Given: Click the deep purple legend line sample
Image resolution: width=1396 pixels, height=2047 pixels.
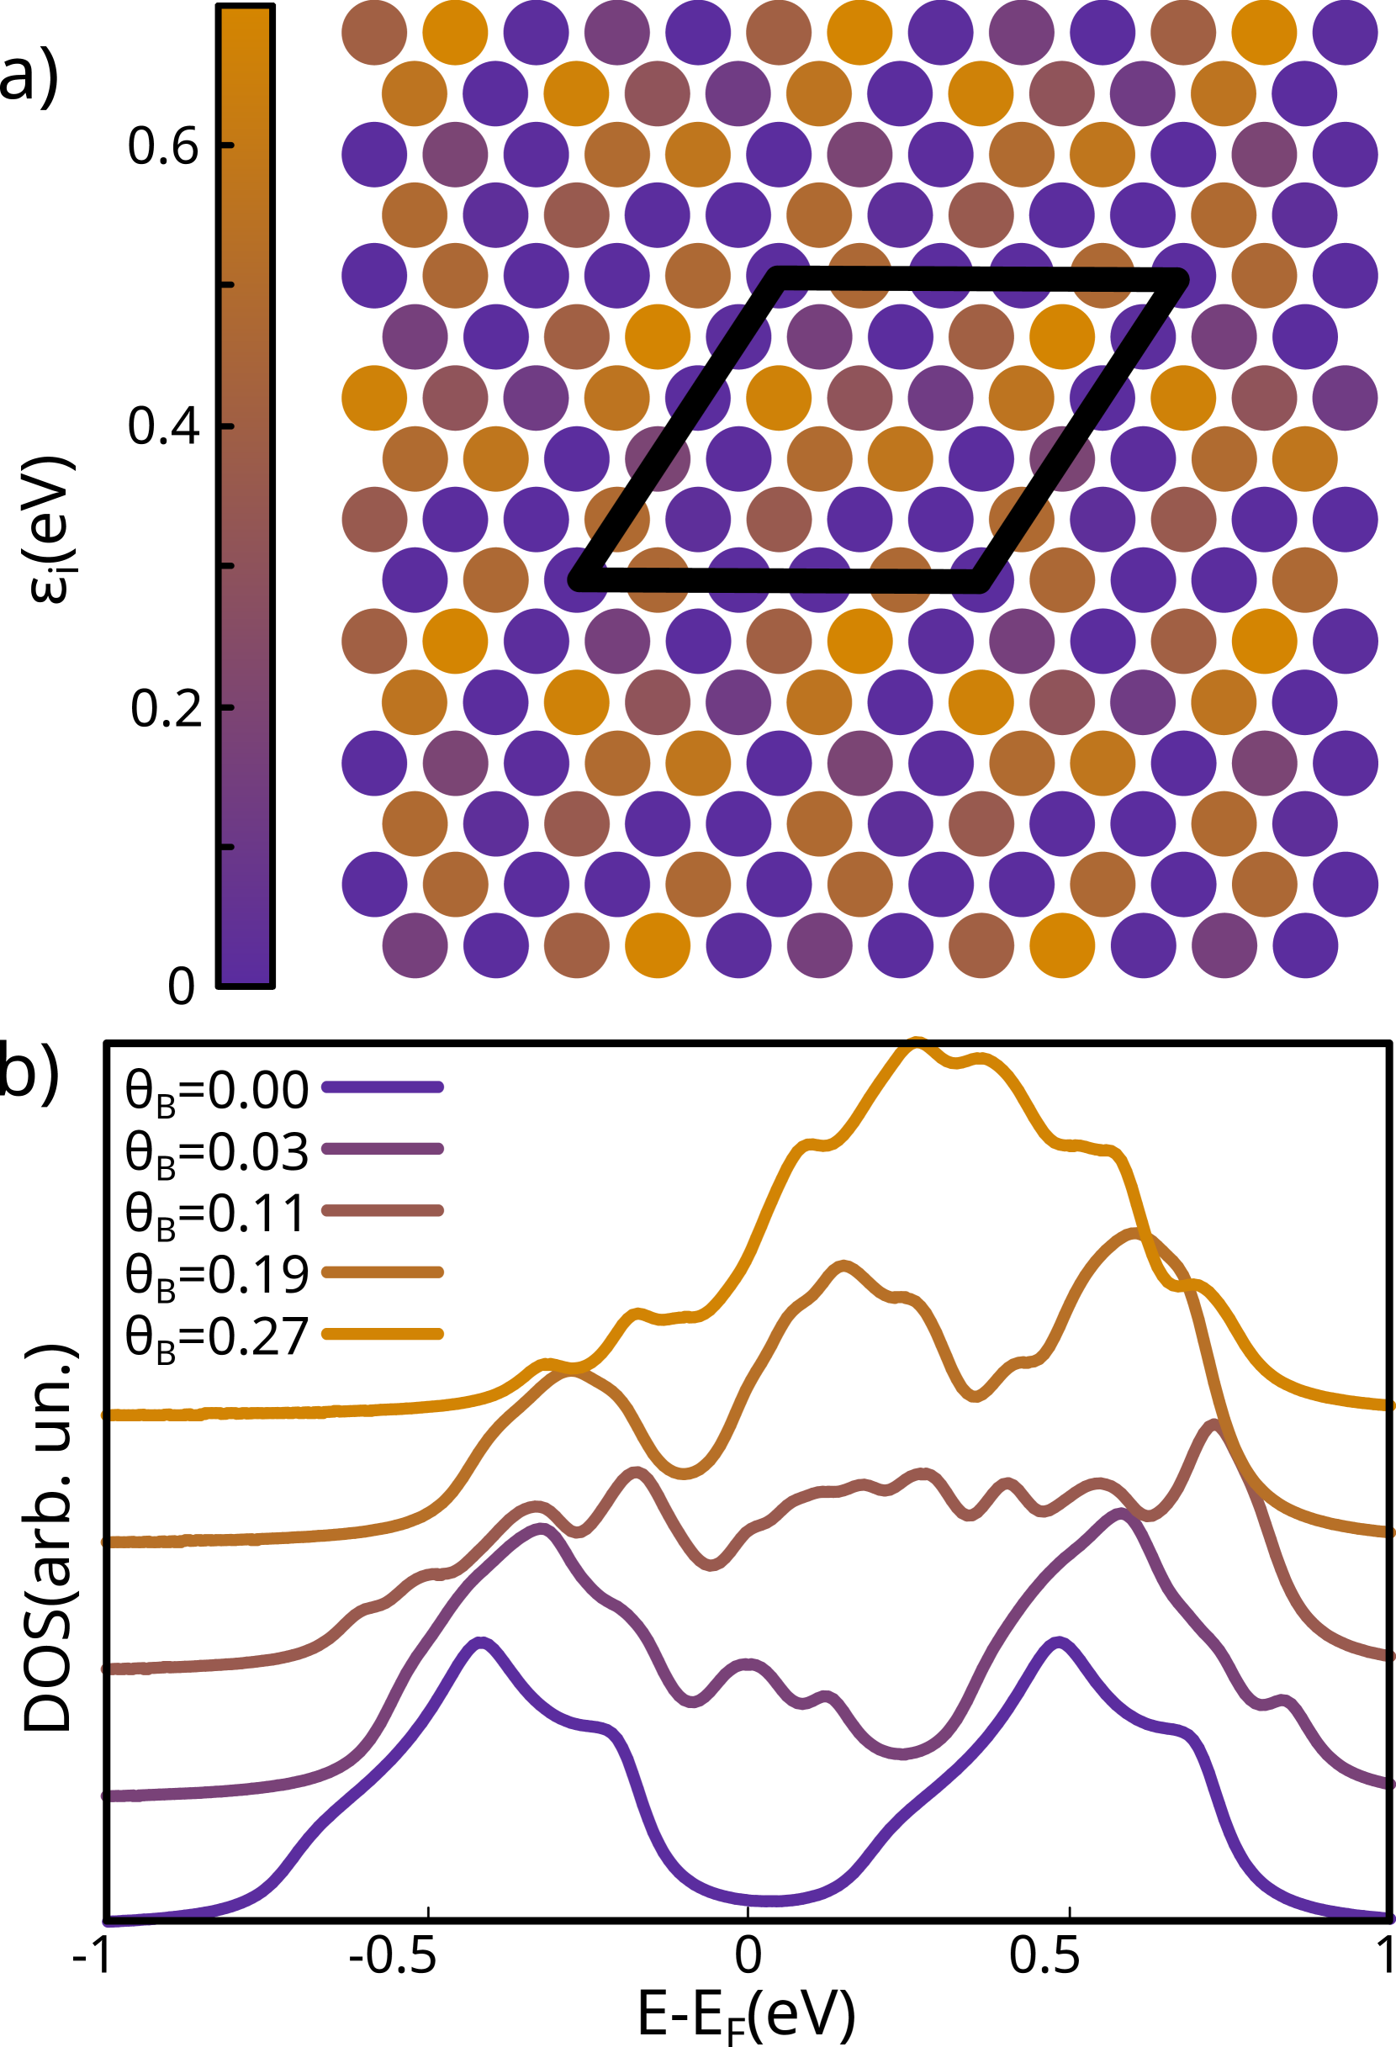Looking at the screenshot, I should click(x=383, y=1087).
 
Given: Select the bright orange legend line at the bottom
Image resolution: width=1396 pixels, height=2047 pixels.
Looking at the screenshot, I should click(x=383, y=1336).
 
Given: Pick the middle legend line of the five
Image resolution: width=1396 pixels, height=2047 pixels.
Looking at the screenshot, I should click(x=383, y=1211).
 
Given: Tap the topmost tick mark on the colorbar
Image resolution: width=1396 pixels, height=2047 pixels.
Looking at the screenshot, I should click(x=227, y=145).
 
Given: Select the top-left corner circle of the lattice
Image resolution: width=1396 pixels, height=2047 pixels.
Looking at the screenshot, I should click(x=374, y=33).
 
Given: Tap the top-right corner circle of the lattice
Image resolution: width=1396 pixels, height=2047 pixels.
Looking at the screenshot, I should click(x=1345, y=33).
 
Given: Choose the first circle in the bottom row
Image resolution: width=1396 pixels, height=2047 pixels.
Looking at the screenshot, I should click(x=415, y=945).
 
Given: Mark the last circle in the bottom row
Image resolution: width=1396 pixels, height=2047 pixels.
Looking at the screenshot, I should click(x=1305, y=945).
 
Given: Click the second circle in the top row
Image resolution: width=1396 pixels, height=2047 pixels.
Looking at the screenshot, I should click(x=455, y=33).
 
